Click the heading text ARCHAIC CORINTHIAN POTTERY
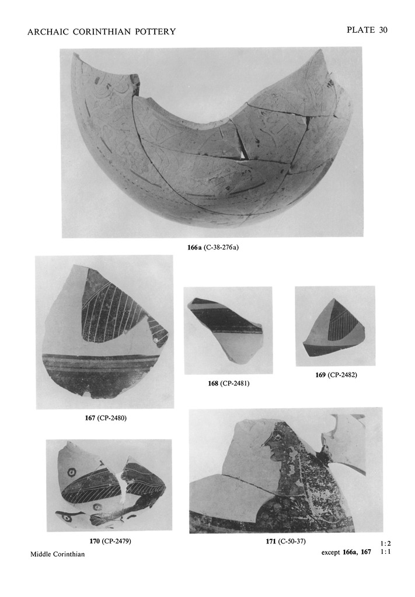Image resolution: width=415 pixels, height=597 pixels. click(102, 31)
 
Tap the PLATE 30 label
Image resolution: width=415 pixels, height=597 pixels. click(367, 30)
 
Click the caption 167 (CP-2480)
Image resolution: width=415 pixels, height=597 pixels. click(106, 417)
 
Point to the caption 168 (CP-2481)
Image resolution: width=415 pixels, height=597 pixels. click(229, 383)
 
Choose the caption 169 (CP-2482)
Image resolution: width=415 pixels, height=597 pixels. click(336, 375)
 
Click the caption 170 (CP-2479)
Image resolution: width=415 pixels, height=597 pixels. click(110, 541)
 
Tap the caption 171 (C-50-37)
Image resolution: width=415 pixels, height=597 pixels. click(285, 541)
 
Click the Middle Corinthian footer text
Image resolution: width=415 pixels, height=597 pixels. click(58, 554)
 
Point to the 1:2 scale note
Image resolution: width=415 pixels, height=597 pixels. click(385, 544)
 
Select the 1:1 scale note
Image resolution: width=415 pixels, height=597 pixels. click(385, 551)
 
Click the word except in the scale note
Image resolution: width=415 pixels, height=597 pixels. click(330, 552)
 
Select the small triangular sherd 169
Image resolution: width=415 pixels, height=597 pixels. click(331, 331)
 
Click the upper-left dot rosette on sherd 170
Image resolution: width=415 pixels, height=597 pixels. click(71, 473)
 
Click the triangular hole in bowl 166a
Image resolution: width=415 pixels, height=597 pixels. click(244, 154)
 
